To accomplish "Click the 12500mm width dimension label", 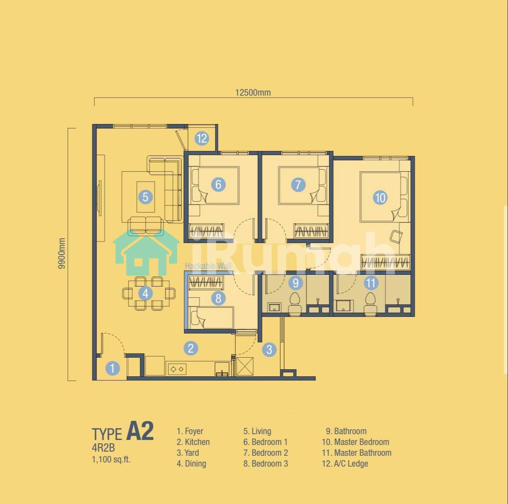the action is point(253,93).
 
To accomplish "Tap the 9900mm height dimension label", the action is point(62,253).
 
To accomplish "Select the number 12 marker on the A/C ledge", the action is point(202,138).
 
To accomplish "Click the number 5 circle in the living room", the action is point(145,197).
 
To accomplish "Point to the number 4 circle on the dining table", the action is point(145,293).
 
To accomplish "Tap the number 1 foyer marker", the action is point(113,368).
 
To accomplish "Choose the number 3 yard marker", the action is point(269,349).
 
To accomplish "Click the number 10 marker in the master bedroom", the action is point(380,198).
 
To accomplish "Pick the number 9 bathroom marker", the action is point(296,283).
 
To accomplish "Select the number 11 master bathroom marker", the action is point(371,283).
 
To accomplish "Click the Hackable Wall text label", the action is point(208,266).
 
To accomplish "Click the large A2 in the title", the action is point(140,431).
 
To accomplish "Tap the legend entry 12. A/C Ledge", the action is point(345,463).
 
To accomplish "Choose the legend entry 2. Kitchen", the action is point(193,442).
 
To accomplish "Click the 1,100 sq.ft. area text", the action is point(111,460).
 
